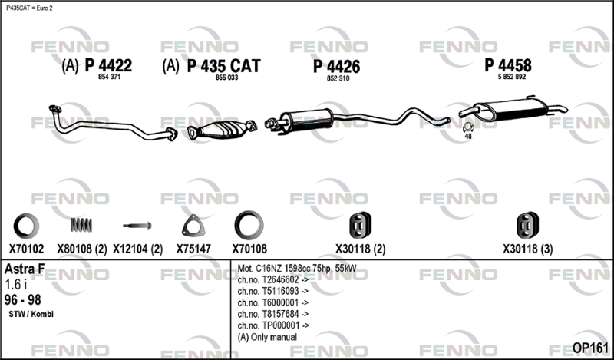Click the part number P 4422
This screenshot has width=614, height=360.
[x=108, y=65]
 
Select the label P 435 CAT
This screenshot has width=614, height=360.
[x=223, y=66]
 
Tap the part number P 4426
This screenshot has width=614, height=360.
[x=337, y=67]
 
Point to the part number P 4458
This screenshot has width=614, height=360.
[x=508, y=65]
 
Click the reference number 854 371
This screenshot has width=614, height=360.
[x=109, y=77]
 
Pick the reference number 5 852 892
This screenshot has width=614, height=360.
[x=512, y=77]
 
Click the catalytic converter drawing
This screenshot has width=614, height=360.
[x=222, y=129]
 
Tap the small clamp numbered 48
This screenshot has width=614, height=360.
[x=468, y=128]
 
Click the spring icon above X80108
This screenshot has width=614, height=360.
[x=81, y=224]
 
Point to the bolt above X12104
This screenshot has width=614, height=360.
[x=137, y=226]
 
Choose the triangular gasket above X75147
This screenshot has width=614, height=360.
[x=193, y=226]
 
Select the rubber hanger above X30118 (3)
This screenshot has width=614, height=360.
[x=527, y=225]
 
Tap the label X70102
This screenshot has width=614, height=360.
[x=26, y=249]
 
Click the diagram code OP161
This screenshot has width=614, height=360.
[x=590, y=348]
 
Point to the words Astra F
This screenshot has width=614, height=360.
[x=25, y=269]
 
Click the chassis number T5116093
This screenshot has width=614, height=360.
[x=273, y=291]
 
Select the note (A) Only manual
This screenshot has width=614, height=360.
[x=267, y=337]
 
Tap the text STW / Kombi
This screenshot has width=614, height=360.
[x=31, y=314]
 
